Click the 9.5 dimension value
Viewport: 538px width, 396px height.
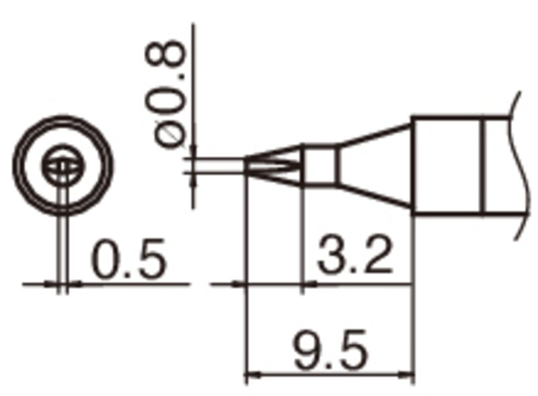coord(330,350)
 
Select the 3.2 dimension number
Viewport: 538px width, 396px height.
coord(355,255)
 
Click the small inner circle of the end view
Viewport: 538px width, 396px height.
coord(63,165)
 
